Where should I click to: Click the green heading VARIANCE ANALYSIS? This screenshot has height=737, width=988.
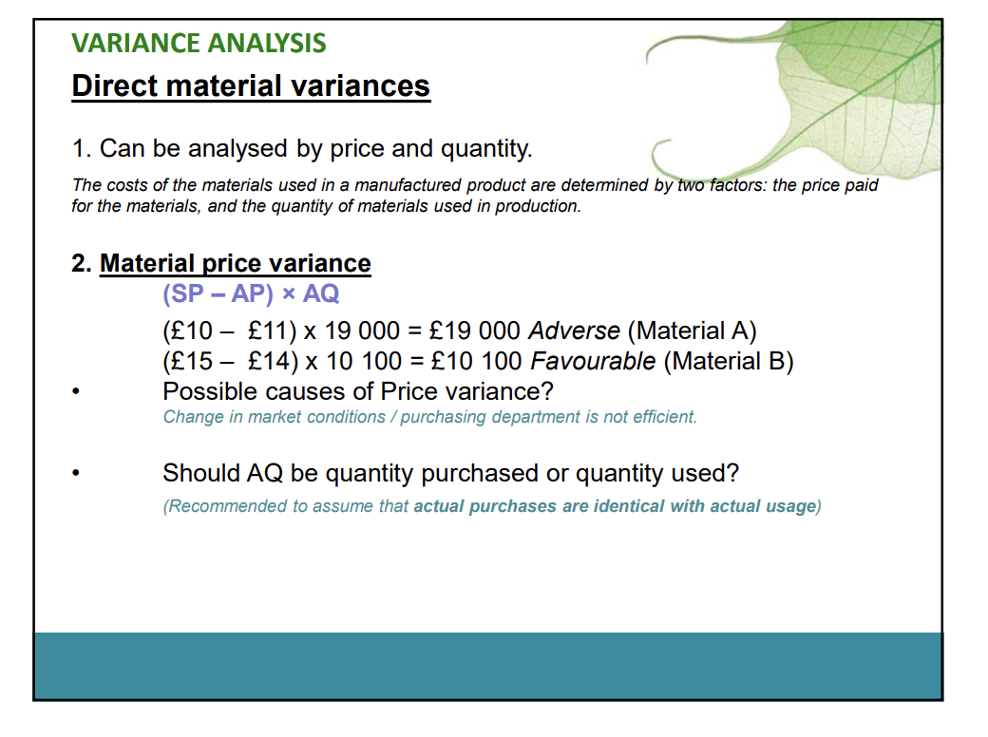(199, 44)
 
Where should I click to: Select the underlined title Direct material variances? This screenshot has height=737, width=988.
(251, 86)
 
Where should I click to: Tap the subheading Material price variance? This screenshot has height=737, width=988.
(236, 263)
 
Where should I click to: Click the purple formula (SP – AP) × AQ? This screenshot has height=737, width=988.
(251, 293)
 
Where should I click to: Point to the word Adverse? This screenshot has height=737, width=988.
(574, 331)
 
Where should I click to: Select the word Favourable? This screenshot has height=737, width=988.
(593, 362)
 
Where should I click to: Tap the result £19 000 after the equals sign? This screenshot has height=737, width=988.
(475, 331)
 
